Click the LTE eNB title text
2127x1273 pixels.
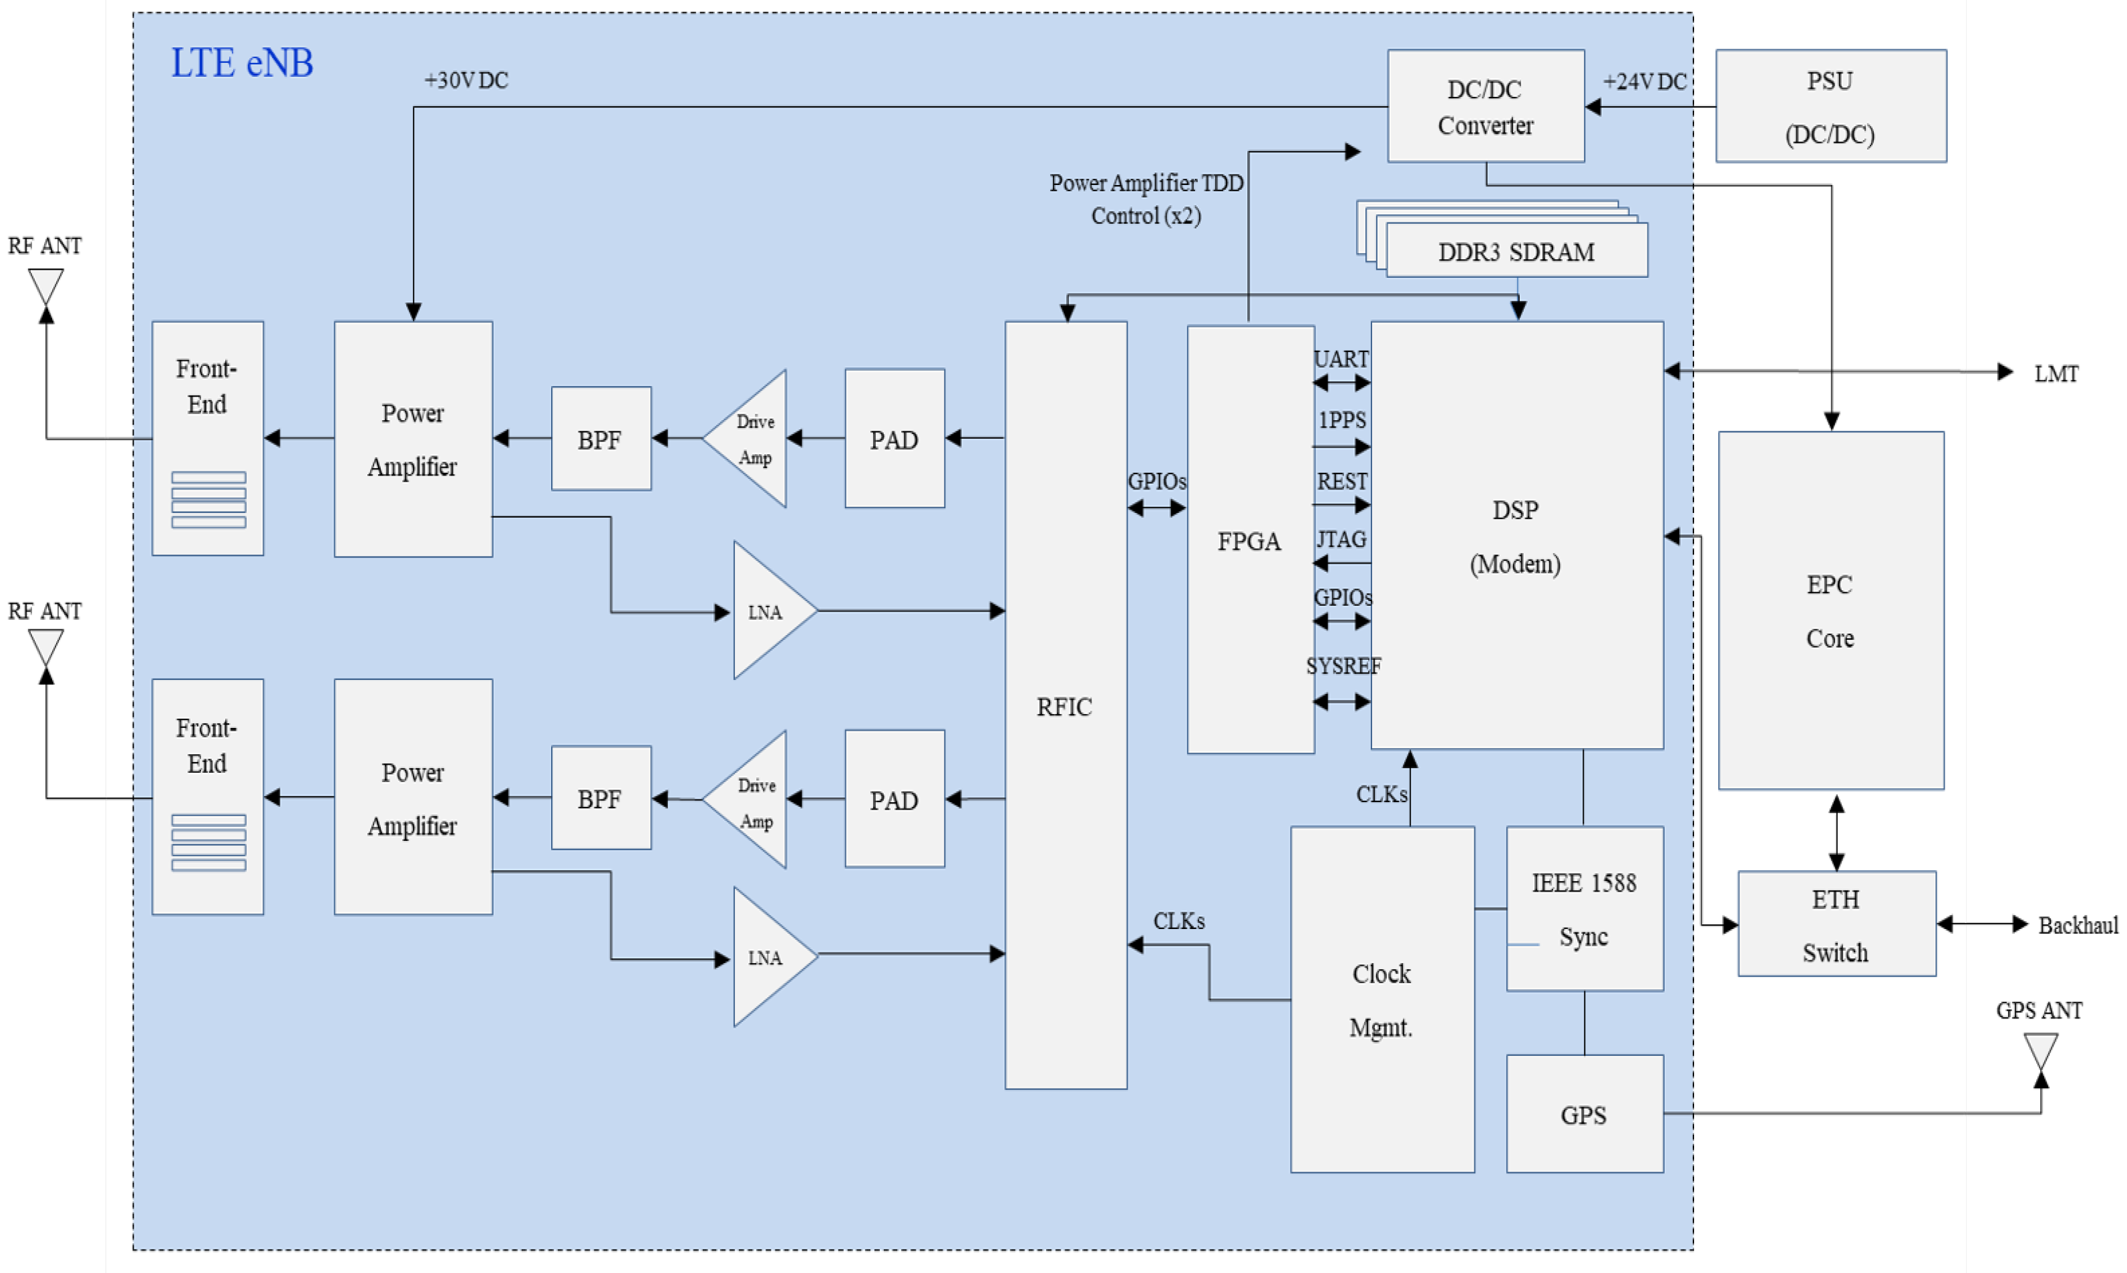242,63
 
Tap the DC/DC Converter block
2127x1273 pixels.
1484,106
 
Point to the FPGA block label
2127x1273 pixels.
1249,541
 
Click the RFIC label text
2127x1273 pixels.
1064,707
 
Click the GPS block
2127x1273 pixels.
1583,1113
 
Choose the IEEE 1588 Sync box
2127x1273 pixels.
1584,908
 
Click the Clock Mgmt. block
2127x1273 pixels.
1381,998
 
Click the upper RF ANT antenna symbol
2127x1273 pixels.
45,287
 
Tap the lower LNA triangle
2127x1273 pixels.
766,957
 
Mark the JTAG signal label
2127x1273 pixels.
1341,540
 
